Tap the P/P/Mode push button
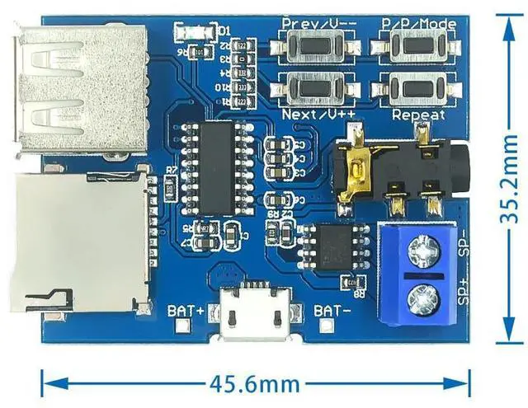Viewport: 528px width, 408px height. [418, 48]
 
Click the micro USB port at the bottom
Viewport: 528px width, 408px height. [255, 317]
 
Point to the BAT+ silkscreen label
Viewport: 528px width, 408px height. [186, 311]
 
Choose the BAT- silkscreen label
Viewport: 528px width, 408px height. [335, 311]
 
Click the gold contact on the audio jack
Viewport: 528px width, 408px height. [356, 169]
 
